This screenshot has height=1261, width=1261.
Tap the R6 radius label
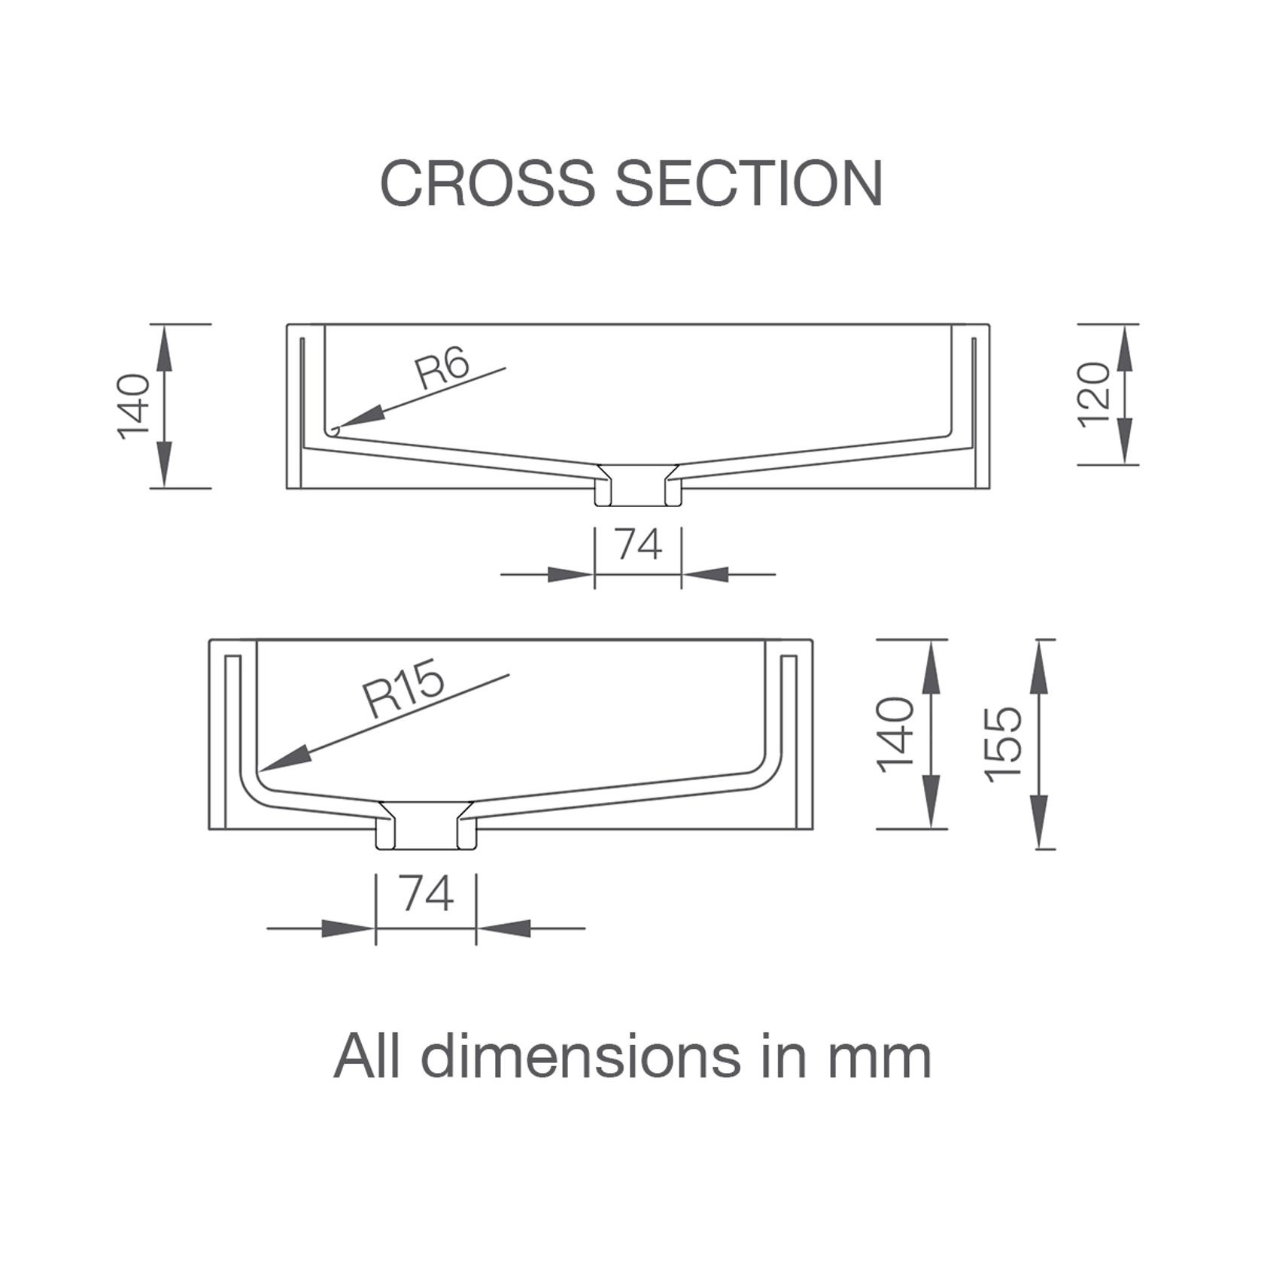[443, 369]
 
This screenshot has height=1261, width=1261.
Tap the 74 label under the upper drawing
[638, 544]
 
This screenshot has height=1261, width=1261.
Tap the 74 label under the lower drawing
[427, 895]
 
